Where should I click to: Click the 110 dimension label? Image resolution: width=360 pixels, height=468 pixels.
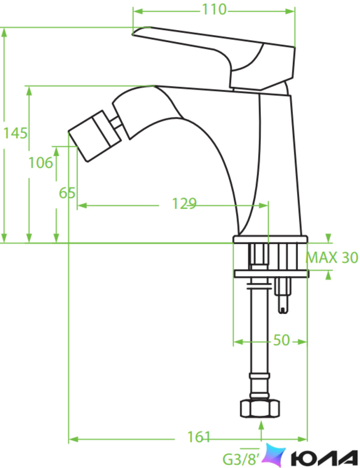[x=214, y=9]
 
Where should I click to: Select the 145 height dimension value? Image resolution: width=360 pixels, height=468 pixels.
[x=15, y=133]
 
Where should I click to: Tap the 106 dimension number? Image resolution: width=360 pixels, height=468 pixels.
[x=40, y=163]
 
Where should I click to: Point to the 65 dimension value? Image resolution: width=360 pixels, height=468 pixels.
[x=67, y=193]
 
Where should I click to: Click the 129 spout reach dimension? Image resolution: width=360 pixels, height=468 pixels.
[x=184, y=204]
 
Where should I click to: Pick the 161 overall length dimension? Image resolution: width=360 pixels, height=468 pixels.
[x=198, y=437]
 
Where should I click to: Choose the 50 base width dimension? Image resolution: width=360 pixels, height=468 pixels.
[x=281, y=340]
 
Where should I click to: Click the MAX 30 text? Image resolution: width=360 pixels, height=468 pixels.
[x=332, y=257]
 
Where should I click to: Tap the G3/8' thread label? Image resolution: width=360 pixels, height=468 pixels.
[x=241, y=459]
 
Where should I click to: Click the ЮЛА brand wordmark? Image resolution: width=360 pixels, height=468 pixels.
[x=324, y=458]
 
